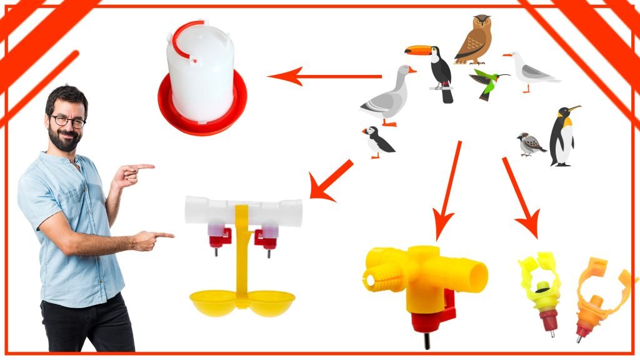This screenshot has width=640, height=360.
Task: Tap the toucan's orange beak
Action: [414, 49]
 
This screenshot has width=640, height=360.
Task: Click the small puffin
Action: [377, 142]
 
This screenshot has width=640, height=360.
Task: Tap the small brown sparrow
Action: [530, 144]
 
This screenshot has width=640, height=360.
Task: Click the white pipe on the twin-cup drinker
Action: [243, 211]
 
